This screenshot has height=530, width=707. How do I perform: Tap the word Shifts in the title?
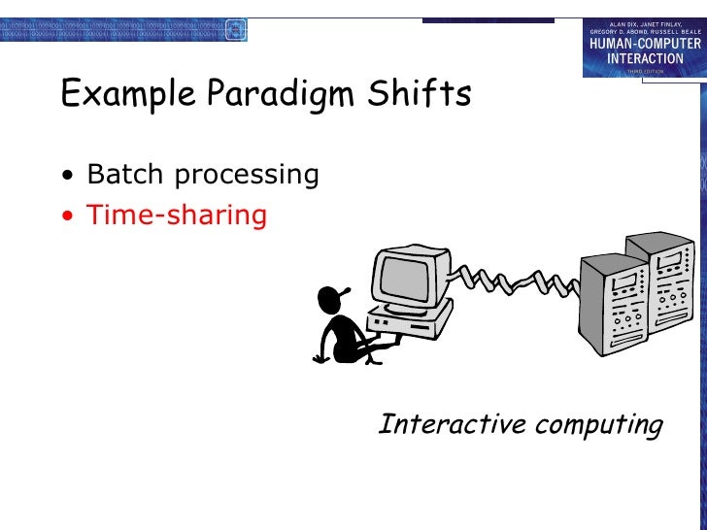coord(422,94)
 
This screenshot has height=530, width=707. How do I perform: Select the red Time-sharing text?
coord(176,215)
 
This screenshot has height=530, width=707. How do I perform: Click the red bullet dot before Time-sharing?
coord(67,216)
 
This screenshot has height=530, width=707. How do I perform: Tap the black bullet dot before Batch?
coord(67,177)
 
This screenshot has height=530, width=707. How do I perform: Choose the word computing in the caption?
coord(601,425)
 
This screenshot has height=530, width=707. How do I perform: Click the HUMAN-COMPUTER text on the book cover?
coord(644,44)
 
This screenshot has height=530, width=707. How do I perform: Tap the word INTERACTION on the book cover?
coord(644,57)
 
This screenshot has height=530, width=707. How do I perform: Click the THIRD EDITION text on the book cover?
coord(644,70)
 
